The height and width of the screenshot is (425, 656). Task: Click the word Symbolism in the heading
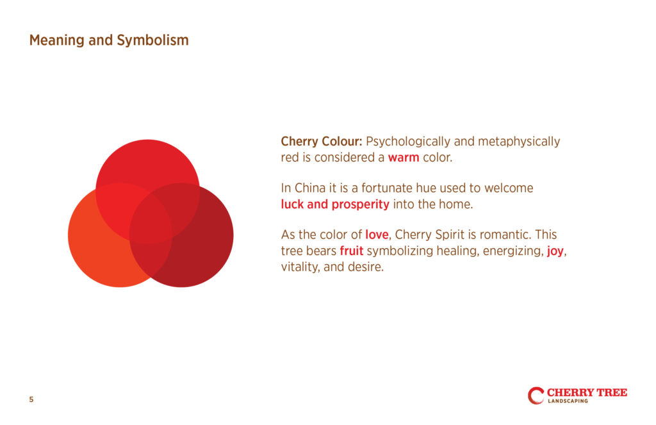(x=152, y=40)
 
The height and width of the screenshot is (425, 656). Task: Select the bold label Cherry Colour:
(x=322, y=142)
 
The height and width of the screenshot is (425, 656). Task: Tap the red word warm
(x=404, y=158)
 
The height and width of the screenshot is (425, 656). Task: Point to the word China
(x=310, y=188)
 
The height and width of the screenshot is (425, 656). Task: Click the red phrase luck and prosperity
(x=335, y=204)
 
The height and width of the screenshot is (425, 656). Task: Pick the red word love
(x=377, y=235)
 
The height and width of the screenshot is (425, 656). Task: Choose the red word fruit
(x=352, y=251)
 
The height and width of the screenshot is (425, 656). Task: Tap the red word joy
(x=555, y=251)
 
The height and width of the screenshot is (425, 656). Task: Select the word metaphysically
(x=519, y=142)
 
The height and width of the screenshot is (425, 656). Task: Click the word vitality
(x=299, y=267)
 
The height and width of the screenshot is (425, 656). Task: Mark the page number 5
(x=31, y=399)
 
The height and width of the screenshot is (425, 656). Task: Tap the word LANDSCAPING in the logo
(x=568, y=401)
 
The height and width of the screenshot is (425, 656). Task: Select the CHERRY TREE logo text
(x=587, y=392)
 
